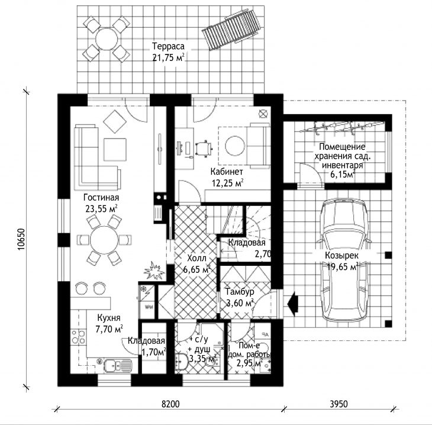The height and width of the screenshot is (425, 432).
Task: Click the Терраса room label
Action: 168,46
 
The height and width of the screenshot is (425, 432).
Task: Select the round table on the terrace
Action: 107,39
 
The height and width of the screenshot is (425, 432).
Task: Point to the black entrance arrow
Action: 293,304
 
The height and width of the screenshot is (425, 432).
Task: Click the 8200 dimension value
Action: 170,404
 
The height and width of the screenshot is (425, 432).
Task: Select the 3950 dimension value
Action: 338,404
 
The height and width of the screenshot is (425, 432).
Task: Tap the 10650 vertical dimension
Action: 21,239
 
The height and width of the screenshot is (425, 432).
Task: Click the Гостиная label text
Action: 101,198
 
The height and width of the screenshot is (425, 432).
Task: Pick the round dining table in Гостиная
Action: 104,240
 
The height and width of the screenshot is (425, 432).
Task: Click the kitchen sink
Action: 118,366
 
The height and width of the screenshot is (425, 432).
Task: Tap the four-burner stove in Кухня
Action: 78,337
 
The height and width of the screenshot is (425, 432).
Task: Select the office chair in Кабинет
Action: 204,149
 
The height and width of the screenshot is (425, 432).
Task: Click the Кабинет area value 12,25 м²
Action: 227,183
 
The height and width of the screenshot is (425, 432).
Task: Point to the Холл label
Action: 196,258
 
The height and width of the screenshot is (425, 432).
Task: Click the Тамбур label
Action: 240,291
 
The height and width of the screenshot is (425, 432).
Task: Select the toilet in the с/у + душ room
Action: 181,360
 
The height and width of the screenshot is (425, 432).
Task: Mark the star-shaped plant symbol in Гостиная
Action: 154,271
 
